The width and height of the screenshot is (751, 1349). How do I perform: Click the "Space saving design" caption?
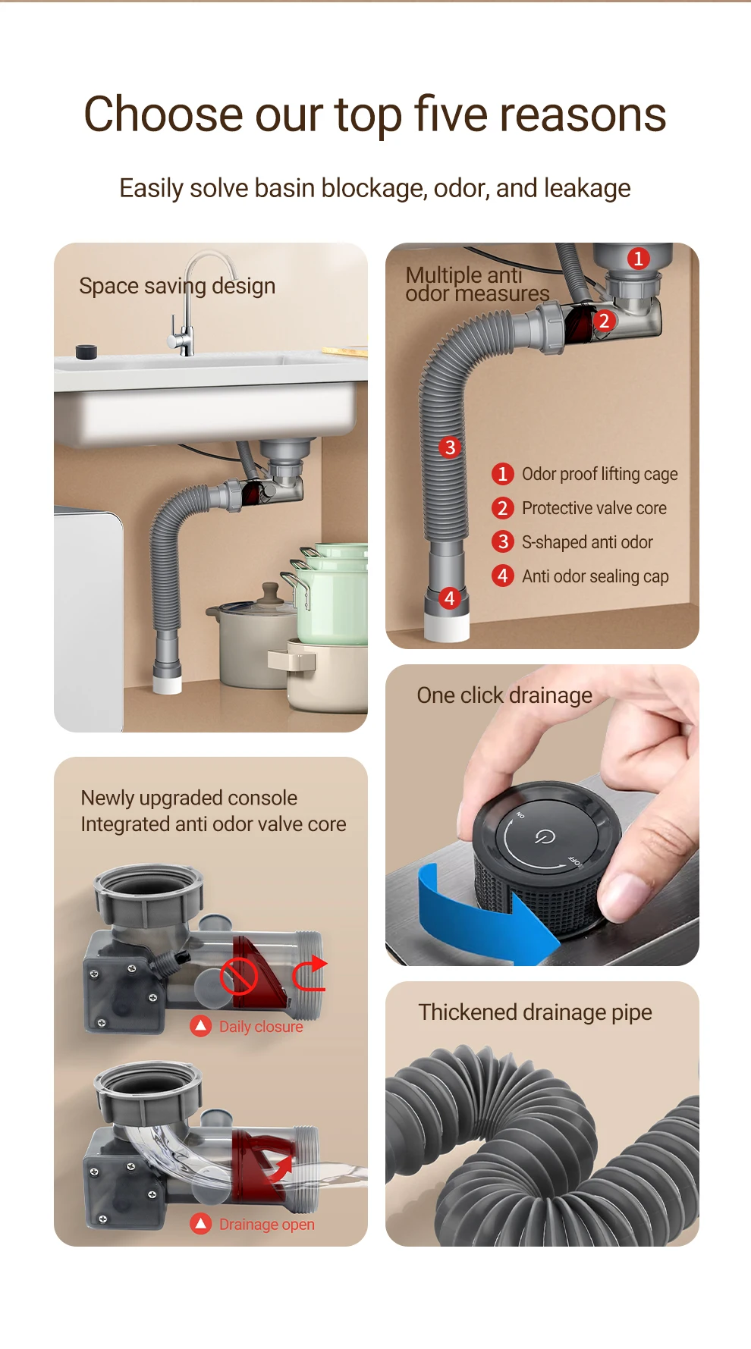click(x=177, y=287)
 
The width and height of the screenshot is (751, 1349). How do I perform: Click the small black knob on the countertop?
click(x=86, y=352)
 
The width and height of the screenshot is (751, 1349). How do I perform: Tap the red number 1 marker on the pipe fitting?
click(x=639, y=259)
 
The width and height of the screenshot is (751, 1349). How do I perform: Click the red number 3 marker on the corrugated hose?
click(x=450, y=447)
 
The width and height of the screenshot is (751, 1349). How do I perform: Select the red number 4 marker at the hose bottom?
click(x=450, y=598)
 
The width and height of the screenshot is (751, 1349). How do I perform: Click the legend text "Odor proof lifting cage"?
click(x=599, y=475)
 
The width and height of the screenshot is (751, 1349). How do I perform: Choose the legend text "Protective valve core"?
click(x=594, y=508)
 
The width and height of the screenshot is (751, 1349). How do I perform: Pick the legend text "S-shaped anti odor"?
click(x=587, y=542)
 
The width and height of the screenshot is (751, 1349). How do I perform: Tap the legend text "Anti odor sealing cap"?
click(x=595, y=576)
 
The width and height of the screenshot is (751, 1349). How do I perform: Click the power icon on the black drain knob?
click(x=545, y=836)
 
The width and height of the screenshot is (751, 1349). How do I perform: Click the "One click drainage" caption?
click(x=504, y=695)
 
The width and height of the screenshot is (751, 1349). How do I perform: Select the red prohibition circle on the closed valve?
click(x=239, y=976)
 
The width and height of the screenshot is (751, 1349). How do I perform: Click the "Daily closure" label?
click(x=261, y=1027)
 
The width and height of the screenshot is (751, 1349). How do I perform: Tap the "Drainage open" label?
click(x=266, y=1225)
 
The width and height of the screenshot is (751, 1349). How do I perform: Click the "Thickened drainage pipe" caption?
click(x=535, y=1013)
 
